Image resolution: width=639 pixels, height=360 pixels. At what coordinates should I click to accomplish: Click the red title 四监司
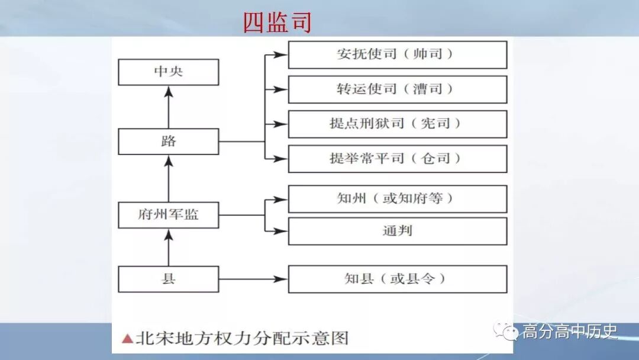pyautogui.click(x=277, y=22)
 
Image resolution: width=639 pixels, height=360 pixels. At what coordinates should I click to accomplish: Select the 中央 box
pyautogui.click(x=169, y=72)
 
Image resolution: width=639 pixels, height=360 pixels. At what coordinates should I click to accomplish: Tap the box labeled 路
pyautogui.click(x=169, y=142)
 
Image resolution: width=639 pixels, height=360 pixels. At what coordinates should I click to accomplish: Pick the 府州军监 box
pyautogui.click(x=169, y=215)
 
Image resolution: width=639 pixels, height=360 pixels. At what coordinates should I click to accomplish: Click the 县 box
pyautogui.click(x=169, y=279)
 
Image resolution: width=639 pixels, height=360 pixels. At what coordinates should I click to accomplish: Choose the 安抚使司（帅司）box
pyautogui.click(x=397, y=54)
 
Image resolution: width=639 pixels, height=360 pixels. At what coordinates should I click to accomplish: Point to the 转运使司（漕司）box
pyautogui.click(x=397, y=89)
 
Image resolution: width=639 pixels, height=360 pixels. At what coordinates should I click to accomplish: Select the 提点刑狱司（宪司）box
pyautogui.click(x=397, y=124)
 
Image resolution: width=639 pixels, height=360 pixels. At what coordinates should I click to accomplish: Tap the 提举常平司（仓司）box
pyautogui.click(x=397, y=159)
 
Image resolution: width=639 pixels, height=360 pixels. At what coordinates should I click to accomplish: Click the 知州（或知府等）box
pyautogui.click(x=397, y=199)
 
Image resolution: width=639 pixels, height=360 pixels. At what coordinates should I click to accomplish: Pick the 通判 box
pyautogui.click(x=397, y=231)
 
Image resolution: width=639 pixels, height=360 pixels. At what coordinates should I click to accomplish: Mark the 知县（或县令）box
pyautogui.click(x=397, y=279)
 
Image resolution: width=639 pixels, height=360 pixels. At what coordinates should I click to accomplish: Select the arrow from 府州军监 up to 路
pyautogui.click(x=169, y=178)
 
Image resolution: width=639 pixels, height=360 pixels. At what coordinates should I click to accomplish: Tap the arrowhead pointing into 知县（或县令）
pyautogui.click(x=282, y=279)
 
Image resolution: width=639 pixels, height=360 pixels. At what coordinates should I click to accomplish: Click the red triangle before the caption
pyautogui.click(x=127, y=339)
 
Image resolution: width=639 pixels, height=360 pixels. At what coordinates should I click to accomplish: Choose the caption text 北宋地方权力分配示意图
pyautogui.click(x=242, y=339)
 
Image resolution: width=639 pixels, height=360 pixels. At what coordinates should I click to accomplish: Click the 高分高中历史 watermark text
pyautogui.click(x=569, y=332)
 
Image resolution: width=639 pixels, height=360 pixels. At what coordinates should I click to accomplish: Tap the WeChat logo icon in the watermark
pyautogui.click(x=507, y=331)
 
